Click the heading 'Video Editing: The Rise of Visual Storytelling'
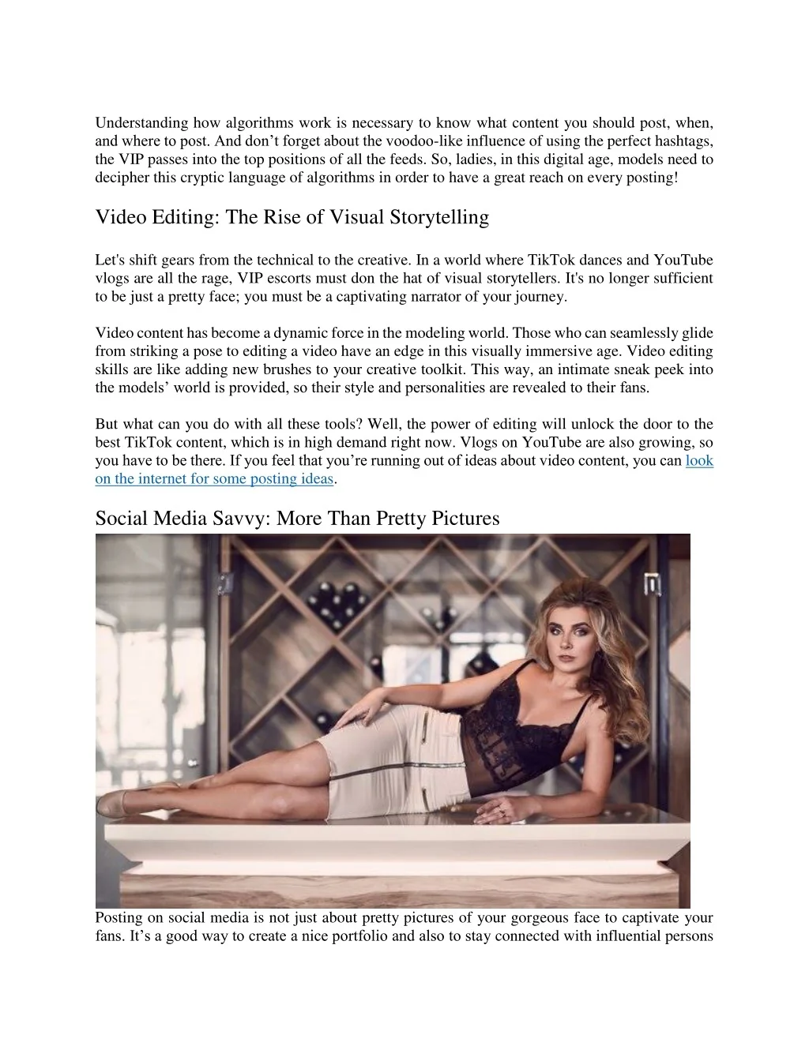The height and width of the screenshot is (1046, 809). pos(292,217)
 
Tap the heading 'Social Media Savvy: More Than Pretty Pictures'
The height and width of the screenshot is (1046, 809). pos(297,518)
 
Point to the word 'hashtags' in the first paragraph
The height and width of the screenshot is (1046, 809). pos(687,141)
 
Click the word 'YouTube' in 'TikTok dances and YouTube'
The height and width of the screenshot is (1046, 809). pos(684,260)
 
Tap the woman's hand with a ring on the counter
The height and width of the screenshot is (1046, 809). pos(506,809)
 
